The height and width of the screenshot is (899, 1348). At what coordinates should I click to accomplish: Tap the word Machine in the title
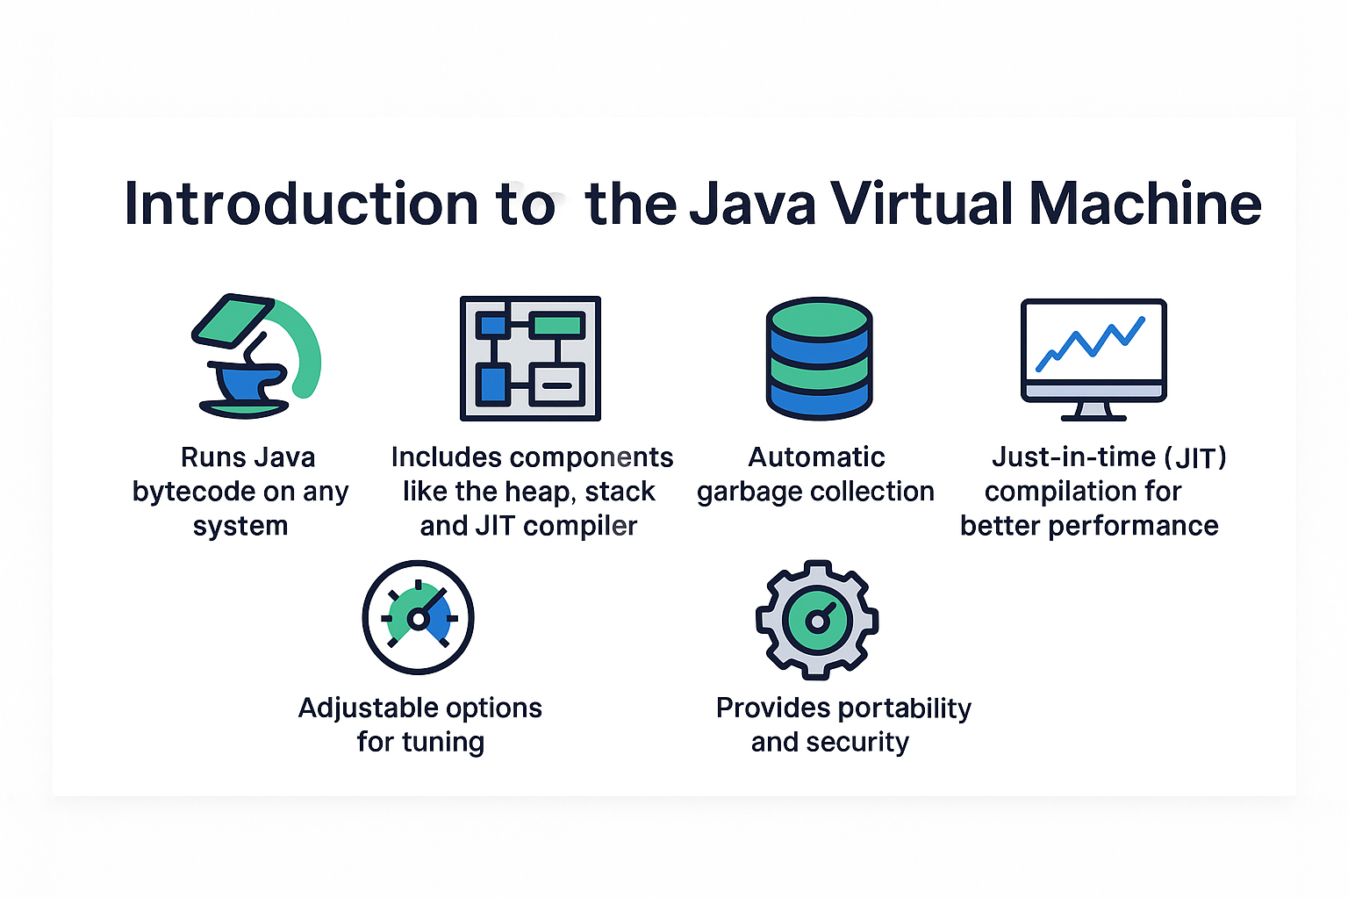point(1144,204)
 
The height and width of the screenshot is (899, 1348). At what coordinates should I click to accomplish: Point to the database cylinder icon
point(819,358)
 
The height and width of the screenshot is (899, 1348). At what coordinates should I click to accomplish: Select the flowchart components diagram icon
point(530,358)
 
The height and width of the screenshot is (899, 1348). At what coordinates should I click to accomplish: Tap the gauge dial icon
point(419,617)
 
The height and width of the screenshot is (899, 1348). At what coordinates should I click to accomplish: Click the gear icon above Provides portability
point(817,619)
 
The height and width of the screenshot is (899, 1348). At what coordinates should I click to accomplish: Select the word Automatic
point(816,457)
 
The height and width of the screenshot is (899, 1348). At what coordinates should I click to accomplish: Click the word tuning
point(443,743)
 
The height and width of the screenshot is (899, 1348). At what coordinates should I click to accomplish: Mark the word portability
point(905,708)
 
